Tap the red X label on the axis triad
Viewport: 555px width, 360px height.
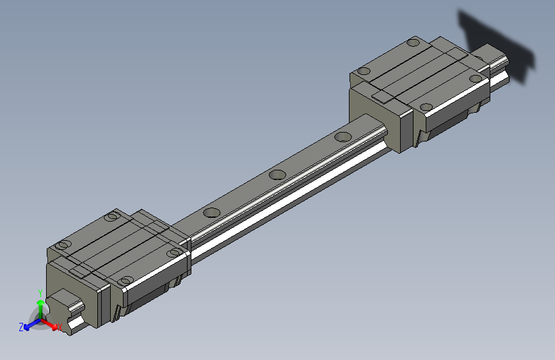(60, 327)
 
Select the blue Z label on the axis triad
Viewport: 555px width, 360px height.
(21, 327)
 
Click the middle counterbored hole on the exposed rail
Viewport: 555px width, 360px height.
(277, 174)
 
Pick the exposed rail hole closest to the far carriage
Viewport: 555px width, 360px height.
(344, 136)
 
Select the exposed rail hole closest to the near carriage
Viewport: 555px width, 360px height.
(211, 213)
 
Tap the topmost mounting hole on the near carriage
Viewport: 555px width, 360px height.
(113, 217)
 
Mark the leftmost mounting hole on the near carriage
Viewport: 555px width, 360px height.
(64, 245)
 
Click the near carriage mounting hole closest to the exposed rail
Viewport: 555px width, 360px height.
(173, 253)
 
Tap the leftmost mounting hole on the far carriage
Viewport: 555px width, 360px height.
(365, 71)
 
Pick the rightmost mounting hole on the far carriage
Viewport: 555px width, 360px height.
(475, 79)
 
